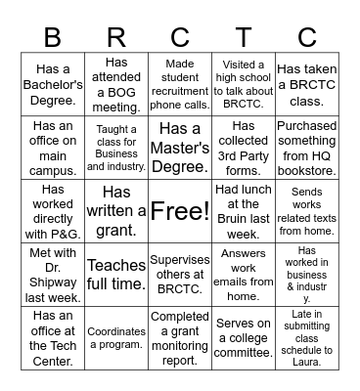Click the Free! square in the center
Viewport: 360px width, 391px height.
tap(180, 210)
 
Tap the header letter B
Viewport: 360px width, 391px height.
tap(53, 37)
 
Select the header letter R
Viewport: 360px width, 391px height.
tap(116, 37)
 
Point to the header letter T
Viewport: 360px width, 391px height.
tap(244, 37)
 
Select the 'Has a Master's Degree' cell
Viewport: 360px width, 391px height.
tap(180, 148)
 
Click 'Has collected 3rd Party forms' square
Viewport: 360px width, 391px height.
tap(244, 148)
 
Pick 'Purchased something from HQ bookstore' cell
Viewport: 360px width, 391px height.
tap(307, 148)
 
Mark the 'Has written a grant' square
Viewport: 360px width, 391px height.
tap(116, 210)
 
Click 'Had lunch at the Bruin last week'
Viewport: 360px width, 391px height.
tap(244, 210)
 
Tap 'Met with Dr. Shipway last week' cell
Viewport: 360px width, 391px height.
tap(53, 274)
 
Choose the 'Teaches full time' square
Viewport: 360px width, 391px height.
tap(116, 274)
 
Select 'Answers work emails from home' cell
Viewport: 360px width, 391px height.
tap(244, 274)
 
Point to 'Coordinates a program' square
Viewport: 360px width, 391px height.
tap(116, 336)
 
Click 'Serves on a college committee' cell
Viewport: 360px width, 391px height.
tap(244, 336)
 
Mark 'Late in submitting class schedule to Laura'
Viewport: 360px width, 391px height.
tap(307, 336)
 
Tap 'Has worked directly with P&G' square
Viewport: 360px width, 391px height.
tap(53, 210)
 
